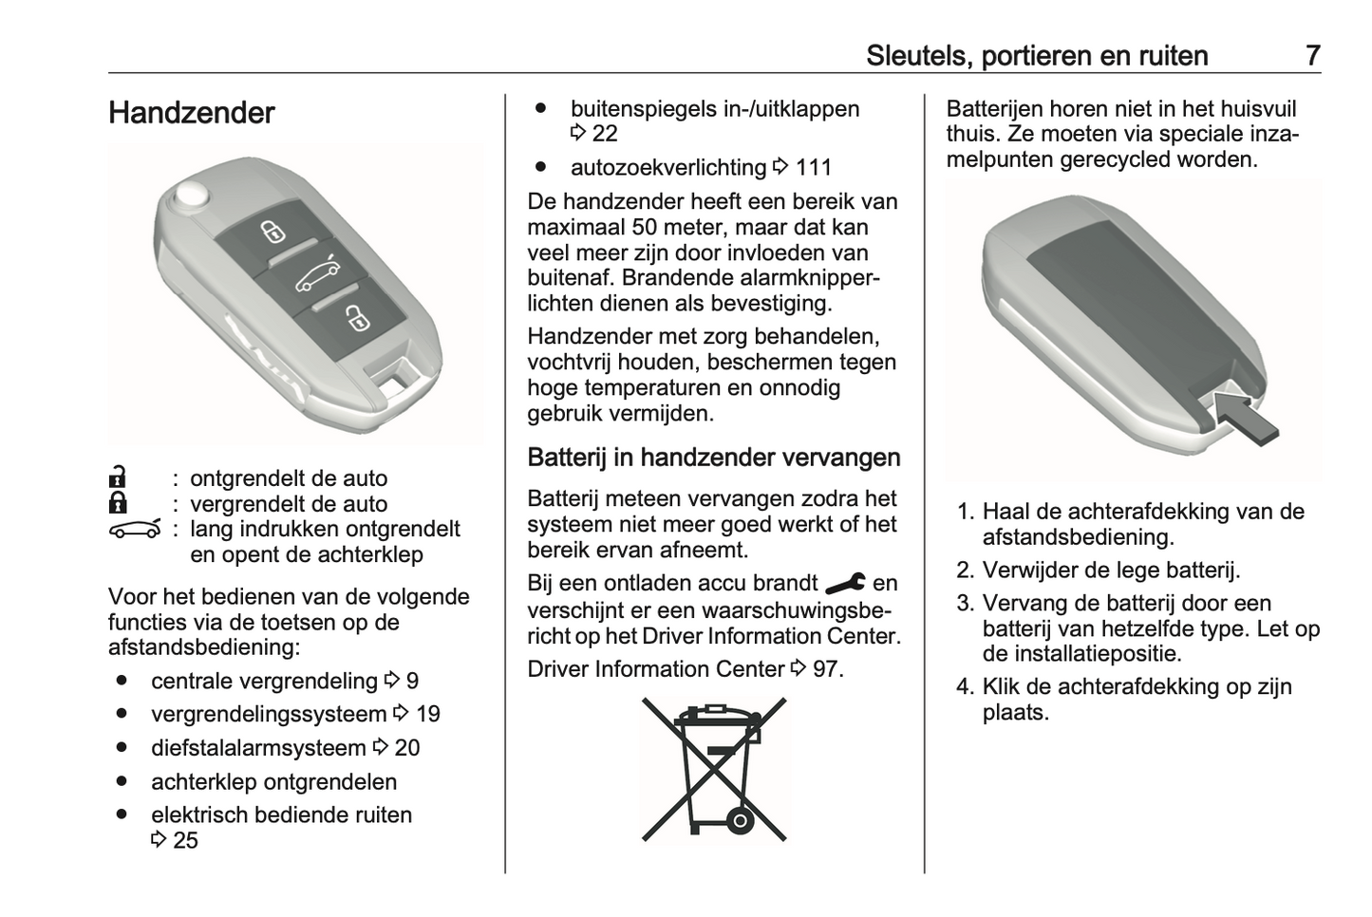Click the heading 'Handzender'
pos(192,113)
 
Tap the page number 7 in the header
pos(1312,55)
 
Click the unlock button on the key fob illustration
pos(273,230)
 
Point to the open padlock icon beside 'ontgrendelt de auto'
pos(118,477)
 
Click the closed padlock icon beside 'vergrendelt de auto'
pos(118,502)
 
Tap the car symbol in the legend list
pos(134,528)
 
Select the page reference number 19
pos(427,714)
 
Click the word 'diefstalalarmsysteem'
pos(258,748)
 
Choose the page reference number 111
pos(813,168)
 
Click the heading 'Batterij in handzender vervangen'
pos(713,458)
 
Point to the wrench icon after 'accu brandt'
pos(845,583)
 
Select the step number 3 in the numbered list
pos(966,603)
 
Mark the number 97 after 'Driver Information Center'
pos(825,669)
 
